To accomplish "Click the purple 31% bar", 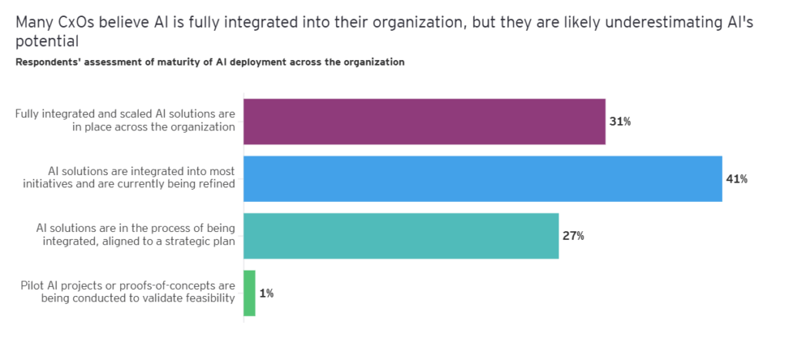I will [x=424, y=122].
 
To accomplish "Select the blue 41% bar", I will [x=482, y=179].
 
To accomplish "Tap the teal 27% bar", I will [x=401, y=236].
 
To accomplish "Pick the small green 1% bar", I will [x=250, y=293].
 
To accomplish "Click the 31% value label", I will [x=621, y=122].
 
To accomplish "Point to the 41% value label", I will [x=737, y=179].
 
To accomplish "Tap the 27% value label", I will [x=573, y=236].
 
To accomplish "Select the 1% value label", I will [x=267, y=293].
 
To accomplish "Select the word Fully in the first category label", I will [x=29, y=114].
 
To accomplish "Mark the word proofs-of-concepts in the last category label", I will [x=156, y=285].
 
